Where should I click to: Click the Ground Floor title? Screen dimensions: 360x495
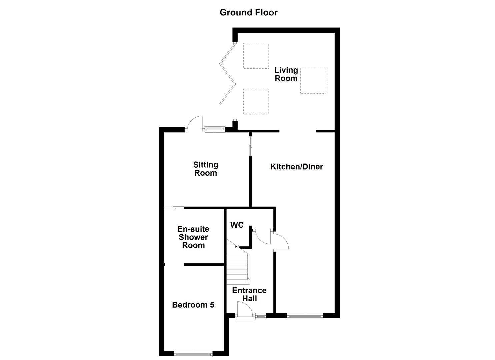(248, 12)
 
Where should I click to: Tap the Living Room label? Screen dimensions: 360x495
(286, 74)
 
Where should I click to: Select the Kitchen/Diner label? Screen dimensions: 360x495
(296, 167)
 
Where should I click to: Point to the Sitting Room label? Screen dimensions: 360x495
(206, 169)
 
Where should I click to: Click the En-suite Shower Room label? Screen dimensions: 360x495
(193, 237)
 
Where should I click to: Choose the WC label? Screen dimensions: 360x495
(237, 225)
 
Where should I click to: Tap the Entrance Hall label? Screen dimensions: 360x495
(249, 294)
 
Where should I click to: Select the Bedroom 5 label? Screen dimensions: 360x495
(193, 305)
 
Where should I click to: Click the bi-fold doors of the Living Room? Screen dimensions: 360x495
(228, 74)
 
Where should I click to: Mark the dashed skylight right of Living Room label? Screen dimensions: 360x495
(313, 81)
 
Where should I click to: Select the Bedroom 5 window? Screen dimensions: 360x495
(193, 353)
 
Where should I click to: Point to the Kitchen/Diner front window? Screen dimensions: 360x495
(305, 315)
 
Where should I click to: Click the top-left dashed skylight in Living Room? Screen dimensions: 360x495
(256, 56)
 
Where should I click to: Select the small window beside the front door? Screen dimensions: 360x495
(261, 315)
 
